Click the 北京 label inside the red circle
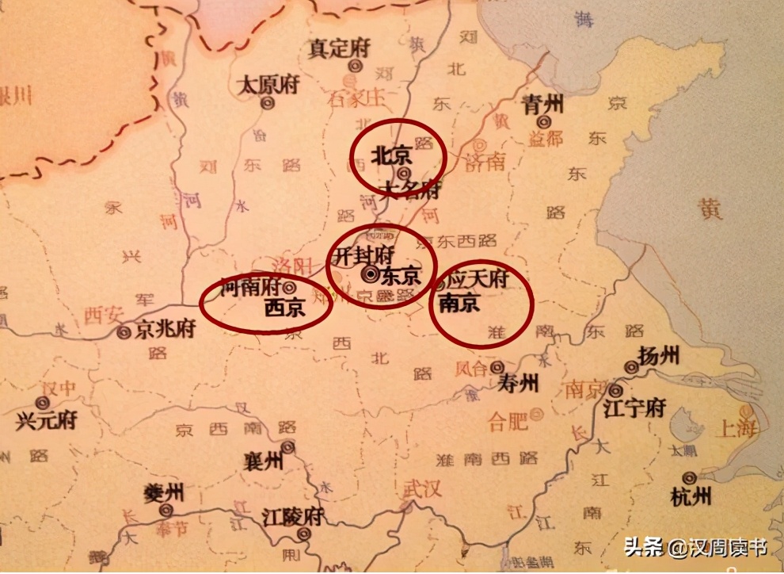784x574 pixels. tap(392, 155)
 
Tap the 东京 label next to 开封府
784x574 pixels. tap(400, 277)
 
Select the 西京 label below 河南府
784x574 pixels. tap(284, 307)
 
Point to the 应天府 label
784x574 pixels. tap(477, 281)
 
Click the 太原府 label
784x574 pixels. tap(268, 85)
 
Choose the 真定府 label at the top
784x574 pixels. tap(338, 48)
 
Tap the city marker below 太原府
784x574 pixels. tap(268, 102)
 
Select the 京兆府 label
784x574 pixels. tap(163, 330)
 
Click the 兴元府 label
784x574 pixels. tap(46, 419)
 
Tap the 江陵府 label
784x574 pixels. tap(293, 518)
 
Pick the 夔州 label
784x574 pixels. tap(164, 492)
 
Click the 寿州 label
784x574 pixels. tap(518, 384)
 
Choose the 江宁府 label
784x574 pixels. tap(634, 408)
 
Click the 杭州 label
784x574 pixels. tap(690, 496)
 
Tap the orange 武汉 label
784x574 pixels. tap(421, 488)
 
